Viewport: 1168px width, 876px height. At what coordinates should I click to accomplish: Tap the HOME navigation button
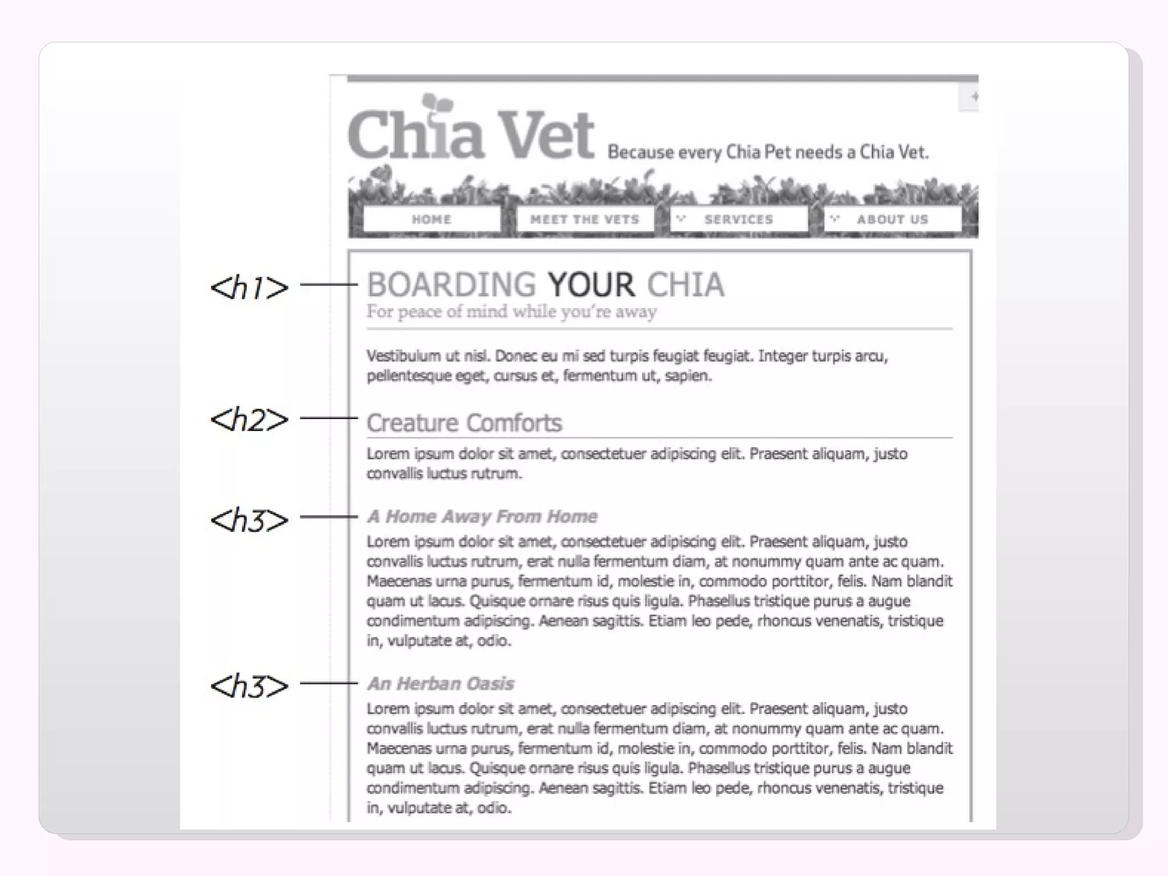tap(432, 220)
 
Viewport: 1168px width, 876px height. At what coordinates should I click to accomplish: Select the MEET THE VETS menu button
tap(585, 220)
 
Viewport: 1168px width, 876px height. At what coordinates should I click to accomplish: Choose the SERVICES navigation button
tap(738, 220)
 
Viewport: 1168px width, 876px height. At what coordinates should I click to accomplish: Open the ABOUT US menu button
tap(892, 220)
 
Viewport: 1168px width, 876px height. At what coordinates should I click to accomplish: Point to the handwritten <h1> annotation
tap(249, 287)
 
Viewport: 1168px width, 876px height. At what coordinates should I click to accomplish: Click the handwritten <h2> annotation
tap(249, 420)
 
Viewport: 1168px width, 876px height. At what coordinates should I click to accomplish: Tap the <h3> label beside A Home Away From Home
tap(249, 520)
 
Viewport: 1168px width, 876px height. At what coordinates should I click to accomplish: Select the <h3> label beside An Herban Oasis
tap(249, 686)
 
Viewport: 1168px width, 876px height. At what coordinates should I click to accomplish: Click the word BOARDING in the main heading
tap(451, 285)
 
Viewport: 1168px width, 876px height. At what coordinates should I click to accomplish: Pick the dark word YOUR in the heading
tap(591, 285)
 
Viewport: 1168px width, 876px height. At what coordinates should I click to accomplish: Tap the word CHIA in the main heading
tap(686, 285)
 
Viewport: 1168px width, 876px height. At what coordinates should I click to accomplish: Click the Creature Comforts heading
tap(464, 423)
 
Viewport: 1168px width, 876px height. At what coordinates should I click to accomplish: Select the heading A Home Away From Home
tap(482, 517)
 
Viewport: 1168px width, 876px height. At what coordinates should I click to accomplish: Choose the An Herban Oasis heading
tap(440, 683)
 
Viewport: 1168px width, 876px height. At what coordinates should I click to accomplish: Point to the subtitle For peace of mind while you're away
tap(511, 312)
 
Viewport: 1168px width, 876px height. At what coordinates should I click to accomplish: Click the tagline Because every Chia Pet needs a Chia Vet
tap(768, 152)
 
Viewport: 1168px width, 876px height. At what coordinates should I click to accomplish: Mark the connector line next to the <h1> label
tap(328, 284)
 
